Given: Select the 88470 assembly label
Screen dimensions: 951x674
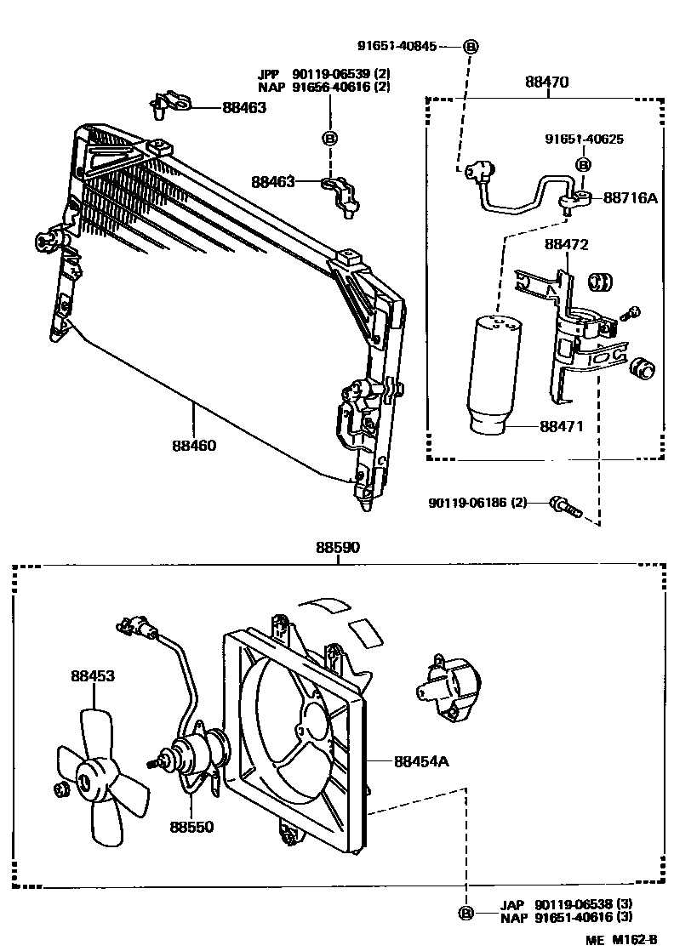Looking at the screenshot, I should tap(547, 83).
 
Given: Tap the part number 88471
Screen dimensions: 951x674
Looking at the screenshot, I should tap(560, 425).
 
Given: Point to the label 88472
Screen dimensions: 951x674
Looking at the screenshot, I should tap(566, 244).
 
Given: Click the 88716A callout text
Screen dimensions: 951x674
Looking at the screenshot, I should tap(631, 197).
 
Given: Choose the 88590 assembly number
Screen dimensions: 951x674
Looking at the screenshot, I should tap(340, 549).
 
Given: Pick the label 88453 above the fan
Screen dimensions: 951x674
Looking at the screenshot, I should tap(93, 676).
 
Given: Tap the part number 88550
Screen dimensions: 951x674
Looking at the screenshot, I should tap(191, 826).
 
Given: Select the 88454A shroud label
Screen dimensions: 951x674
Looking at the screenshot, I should tap(420, 762).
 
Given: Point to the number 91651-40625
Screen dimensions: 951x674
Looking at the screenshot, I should tap(584, 139).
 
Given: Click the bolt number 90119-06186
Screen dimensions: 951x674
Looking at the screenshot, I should tap(477, 503).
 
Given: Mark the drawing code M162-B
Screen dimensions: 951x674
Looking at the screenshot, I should tap(634, 940).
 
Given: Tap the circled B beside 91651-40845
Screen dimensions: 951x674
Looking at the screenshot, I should tap(470, 47).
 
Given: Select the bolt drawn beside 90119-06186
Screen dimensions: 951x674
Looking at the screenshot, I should tap(564, 505).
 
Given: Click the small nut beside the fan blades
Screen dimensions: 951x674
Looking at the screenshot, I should tap(61, 790).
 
